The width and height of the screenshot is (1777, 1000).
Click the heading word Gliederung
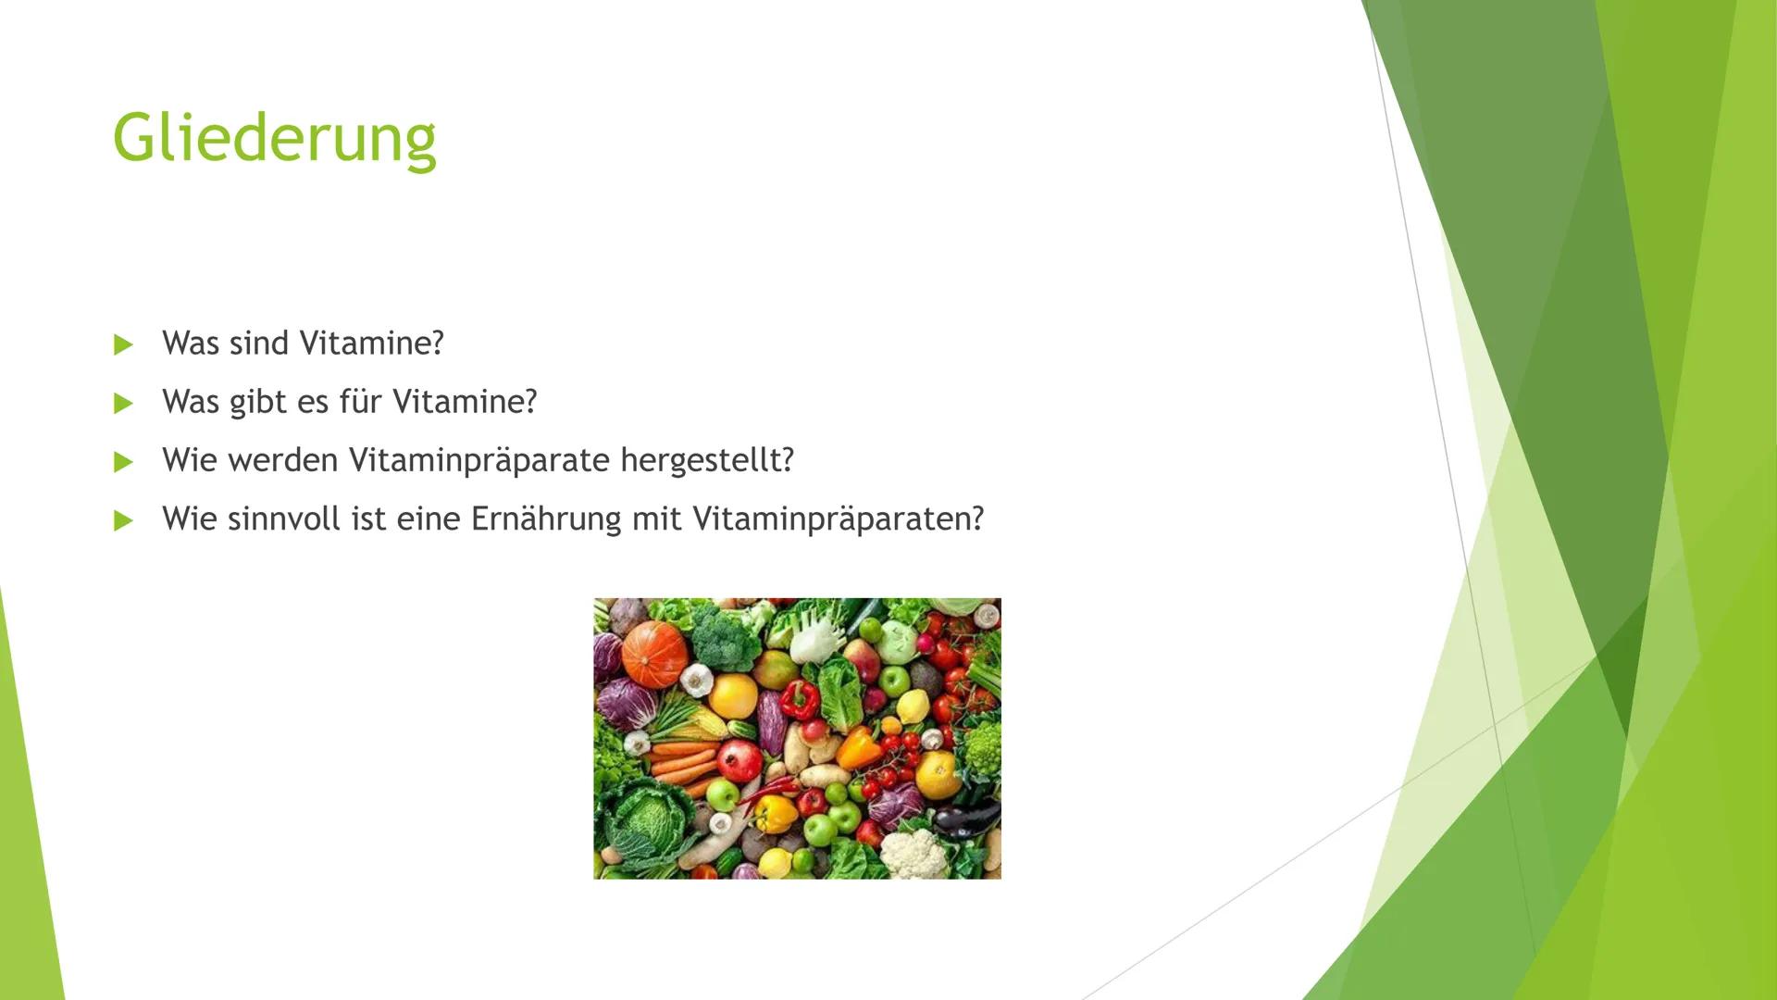[x=274, y=140]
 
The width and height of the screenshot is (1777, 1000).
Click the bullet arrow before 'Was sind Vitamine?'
[x=123, y=345]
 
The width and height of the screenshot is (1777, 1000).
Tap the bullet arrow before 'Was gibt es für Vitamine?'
[x=123, y=404]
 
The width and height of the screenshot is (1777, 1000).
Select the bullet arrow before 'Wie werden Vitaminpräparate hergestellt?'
[x=123, y=462]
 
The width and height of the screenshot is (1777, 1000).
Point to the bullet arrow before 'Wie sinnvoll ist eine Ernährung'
[x=123, y=520]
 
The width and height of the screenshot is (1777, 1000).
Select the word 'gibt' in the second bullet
[x=258, y=403]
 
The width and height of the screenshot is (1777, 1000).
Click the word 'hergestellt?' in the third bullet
[x=707, y=461]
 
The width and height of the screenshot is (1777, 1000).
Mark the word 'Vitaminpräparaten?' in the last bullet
[x=838, y=519]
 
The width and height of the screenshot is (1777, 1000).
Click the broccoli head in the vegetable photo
[x=725, y=634]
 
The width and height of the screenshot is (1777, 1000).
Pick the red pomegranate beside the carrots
[x=739, y=760]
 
